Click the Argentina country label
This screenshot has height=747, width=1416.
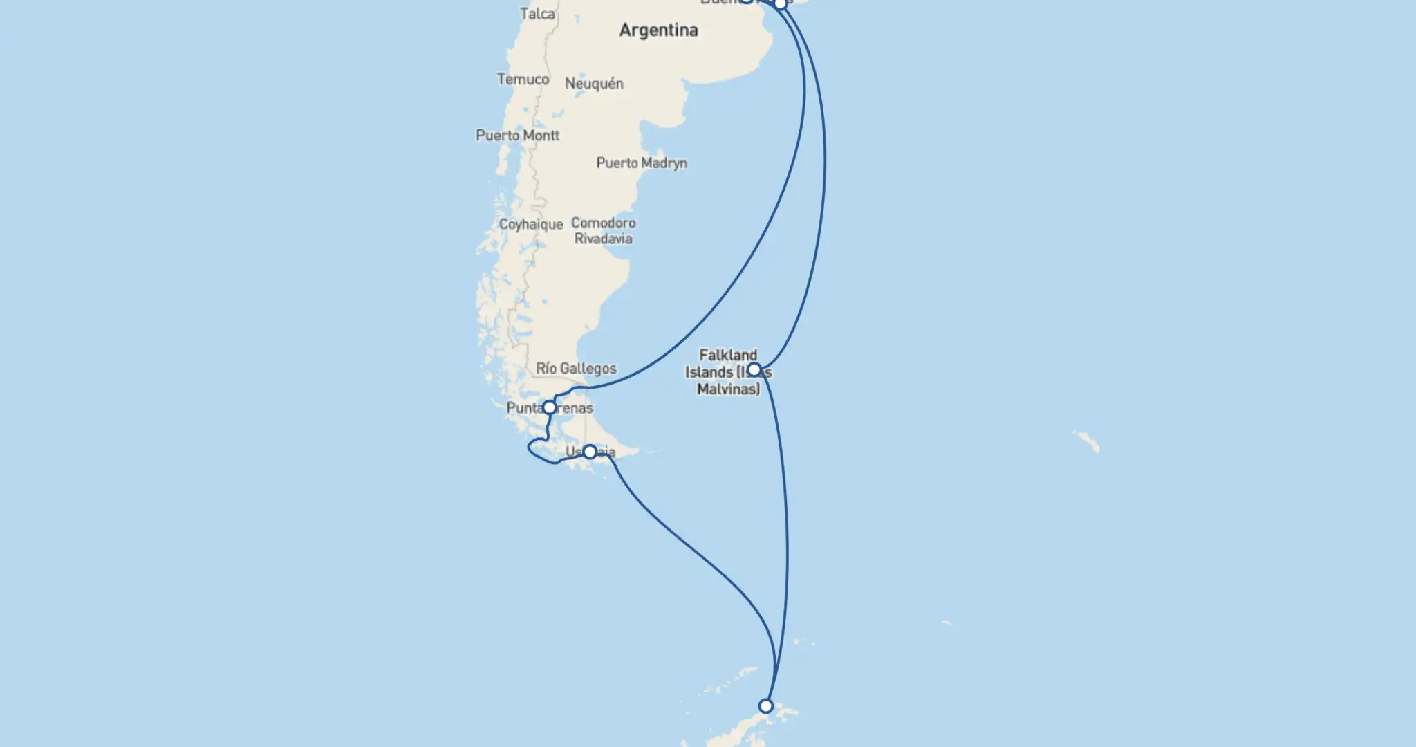[x=658, y=30]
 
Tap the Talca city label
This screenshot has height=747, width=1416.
[x=537, y=14]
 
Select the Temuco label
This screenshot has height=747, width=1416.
[x=523, y=80]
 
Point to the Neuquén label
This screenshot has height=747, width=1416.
[x=594, y=84]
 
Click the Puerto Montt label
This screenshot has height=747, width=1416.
[x=517, y=136]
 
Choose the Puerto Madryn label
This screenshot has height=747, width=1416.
[x=642, y=163]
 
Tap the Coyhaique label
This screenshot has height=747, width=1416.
[x=531, y=225]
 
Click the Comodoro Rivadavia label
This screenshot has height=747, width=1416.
[x=603, y=231]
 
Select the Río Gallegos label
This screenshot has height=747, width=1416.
[x=576, y=369]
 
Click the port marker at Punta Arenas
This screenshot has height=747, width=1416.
[x=549, y=407]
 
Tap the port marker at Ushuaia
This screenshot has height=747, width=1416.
[x=590, y=452]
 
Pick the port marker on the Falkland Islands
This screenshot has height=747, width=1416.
[x=754, y=369]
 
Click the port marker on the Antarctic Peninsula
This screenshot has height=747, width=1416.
[x=765, y=706]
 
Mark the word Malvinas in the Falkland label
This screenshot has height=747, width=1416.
[x=728, y=389]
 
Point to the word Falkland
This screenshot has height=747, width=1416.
[x=728, y=356]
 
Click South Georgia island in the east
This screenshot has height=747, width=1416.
[x=1086, y=441]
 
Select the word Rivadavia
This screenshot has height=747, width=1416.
[x=603, y=239]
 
